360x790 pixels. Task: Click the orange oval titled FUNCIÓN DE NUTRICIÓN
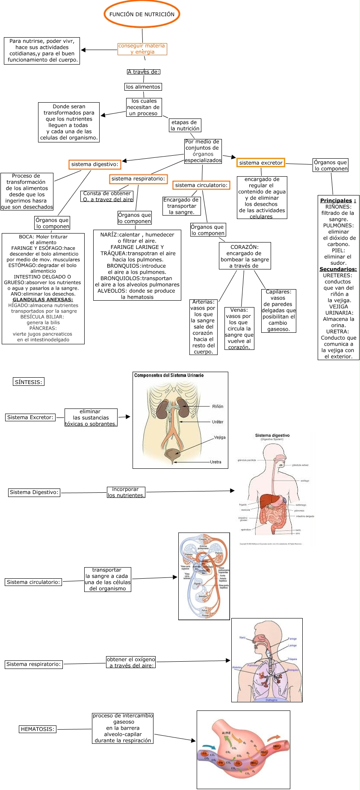[142, 14]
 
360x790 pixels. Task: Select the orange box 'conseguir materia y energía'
[142, 49]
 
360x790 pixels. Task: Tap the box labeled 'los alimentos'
[143, 87]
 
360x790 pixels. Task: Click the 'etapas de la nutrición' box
[185, 125]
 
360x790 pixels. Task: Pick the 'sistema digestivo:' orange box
[94, 164]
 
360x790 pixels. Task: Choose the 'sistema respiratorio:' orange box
[138, 179]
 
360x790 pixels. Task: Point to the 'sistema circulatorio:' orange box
[201, 185]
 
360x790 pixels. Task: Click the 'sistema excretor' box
[261, 163]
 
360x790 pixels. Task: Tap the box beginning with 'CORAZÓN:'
[245, 256]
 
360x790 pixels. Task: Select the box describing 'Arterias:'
[203, 327]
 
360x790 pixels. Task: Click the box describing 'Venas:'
[239, 328]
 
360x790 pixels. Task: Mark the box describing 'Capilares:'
[278, 311]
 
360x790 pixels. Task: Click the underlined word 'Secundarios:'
[338, 269]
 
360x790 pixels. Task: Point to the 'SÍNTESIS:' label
[29, 382]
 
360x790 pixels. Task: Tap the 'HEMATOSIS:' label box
[38, 729]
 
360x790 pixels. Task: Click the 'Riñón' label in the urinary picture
[218, 406]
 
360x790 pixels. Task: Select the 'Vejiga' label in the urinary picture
[220, 437]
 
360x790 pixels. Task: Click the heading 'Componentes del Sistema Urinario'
[169, 375]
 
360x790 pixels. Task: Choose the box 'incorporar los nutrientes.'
[126, 492]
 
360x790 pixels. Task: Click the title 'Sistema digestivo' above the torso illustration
[272, 435]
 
